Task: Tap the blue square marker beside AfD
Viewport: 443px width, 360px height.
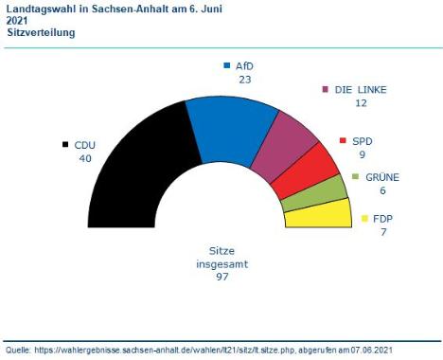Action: point(226,65)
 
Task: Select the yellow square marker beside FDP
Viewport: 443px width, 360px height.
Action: point(364,219)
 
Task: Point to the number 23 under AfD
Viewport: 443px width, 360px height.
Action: point(244,80)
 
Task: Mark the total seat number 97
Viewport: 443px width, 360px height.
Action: point(222,277)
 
